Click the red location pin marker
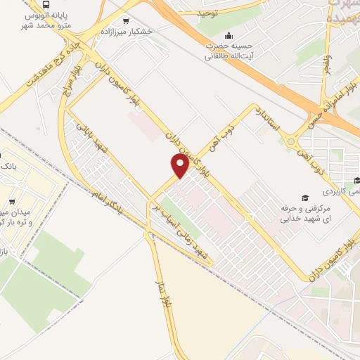click(179, 165)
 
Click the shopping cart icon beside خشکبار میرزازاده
click(126, 21)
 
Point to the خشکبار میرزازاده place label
click(148, 32)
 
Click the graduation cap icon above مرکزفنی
click(304, 198)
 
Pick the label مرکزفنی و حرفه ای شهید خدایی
click(304, 214)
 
